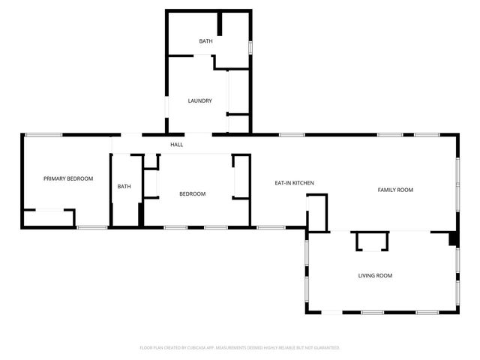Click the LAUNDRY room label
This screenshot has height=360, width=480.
click(199, 100)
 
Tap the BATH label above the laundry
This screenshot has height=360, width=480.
click(205, 41)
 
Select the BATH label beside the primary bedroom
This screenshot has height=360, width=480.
click(124, 187)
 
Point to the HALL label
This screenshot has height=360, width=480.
click(176, 145)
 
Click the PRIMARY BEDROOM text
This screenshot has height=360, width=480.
click(68, 178)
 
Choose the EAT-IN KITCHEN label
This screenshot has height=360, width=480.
click(294, 183)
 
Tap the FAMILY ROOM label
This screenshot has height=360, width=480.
click(395, 190)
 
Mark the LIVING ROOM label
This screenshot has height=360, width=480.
click(375, 276)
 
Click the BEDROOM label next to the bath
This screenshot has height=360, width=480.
click(192, 194)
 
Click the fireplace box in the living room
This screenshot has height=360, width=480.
click(372, 241)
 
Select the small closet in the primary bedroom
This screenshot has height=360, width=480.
click(49, 218)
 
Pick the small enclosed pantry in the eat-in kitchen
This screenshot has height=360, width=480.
click(316, 211)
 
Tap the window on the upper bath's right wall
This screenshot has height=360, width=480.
click(250, 46)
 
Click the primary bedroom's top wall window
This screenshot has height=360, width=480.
click(43, 135)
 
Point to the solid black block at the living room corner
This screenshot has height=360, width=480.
click(453, 238)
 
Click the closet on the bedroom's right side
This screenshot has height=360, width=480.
click(241, 177)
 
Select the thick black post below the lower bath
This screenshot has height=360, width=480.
click(141, 214)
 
